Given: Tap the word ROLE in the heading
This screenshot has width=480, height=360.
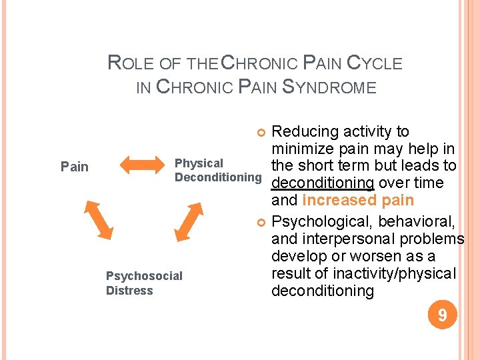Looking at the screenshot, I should click(x=131, y=63).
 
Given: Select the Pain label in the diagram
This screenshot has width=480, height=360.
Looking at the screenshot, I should click(x=75, y=167).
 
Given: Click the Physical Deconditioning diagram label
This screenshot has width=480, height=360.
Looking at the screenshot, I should click(x=217, y=170).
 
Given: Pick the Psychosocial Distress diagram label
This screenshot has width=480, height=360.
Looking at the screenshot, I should click(x=144, y=283).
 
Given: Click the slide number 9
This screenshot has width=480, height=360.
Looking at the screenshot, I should click(x=441, y=314).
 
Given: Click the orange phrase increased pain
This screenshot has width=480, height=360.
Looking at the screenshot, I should click(x=358, y=201).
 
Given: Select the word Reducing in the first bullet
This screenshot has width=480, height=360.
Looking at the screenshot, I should click(x=307, y=131).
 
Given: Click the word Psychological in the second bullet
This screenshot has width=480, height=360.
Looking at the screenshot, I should click(x=324, y=221).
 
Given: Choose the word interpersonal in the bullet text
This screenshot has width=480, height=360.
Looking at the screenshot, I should click(x=344, y=239).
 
